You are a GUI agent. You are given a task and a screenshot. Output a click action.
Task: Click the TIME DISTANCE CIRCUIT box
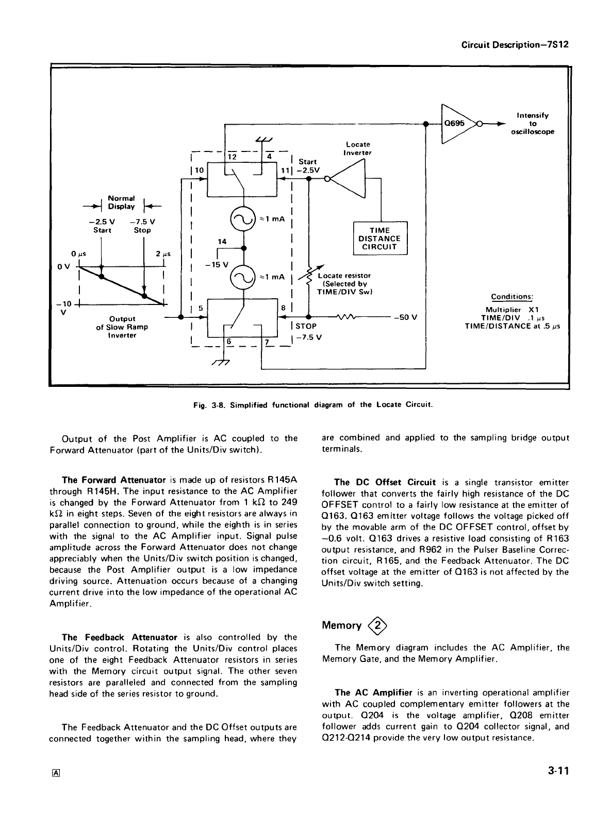point(380,238)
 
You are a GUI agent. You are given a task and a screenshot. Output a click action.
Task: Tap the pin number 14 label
point(222,241)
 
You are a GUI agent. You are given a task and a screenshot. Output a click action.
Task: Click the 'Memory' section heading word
point(341,625)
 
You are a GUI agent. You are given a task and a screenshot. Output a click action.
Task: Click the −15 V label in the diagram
point(213,265)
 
